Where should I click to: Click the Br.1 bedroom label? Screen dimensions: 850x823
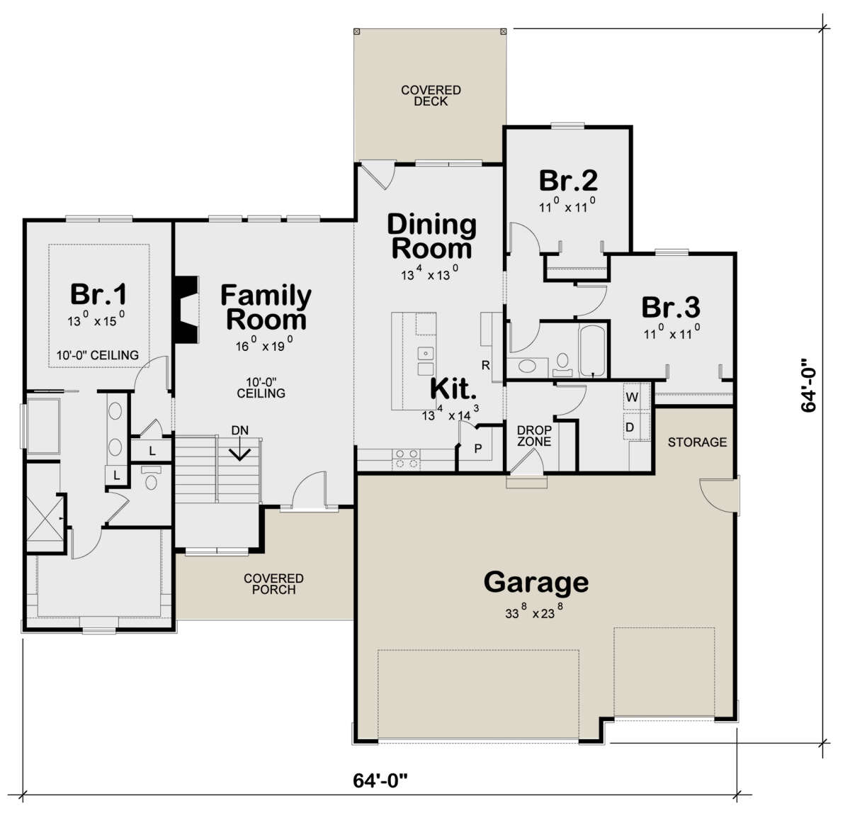pos(98,294)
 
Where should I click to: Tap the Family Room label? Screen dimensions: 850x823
pos(266,307)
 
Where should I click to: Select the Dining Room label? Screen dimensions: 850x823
pos(431,236)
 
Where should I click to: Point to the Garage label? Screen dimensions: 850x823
pos(536,582)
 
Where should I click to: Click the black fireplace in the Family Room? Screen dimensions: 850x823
pos(186,309)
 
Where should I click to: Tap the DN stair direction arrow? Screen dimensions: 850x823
pos(240,450)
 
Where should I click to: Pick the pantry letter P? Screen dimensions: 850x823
pos(478,448)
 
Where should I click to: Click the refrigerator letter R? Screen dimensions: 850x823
pos(485,365)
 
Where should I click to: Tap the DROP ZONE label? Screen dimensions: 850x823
pos(534,436)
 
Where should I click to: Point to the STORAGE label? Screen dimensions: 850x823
pos(697,442)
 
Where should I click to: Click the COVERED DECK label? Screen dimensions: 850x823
pos(431,96)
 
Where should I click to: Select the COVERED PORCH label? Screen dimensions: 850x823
pos(273,584)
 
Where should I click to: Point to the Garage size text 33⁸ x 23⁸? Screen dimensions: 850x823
pos(534,612)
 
